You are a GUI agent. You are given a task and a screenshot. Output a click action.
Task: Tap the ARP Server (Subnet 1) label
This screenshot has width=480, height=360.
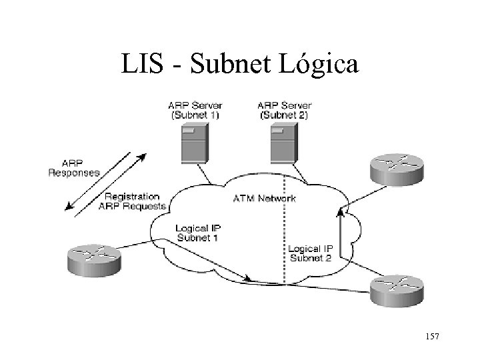click(x=197, y=109)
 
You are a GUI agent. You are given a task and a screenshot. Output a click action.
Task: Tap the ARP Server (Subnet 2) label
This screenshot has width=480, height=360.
click(x=283, y=109)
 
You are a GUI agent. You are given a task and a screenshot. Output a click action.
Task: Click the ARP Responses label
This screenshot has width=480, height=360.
click(x=74, y=167)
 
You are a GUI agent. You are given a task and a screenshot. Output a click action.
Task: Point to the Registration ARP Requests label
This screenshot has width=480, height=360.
click(x=132, y=201)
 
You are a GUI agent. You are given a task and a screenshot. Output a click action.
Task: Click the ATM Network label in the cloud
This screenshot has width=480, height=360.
click(x=265, y=198)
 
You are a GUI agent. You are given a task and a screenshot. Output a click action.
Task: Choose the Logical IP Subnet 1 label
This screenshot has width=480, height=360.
click(x=196, y=233)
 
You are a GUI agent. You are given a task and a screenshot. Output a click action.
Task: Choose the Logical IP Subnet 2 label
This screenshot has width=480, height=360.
click(x=310, y=253)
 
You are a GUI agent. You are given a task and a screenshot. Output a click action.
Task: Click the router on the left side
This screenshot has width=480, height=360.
click(x=93, y=259)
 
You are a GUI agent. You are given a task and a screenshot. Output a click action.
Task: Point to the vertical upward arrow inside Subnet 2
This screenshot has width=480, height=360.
click(x=341, y=237)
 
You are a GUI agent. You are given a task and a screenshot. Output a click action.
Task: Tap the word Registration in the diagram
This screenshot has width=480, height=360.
click(x=132, y=196)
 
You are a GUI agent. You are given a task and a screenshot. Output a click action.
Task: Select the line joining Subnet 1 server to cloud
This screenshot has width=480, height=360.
click(x=206, y=175)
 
